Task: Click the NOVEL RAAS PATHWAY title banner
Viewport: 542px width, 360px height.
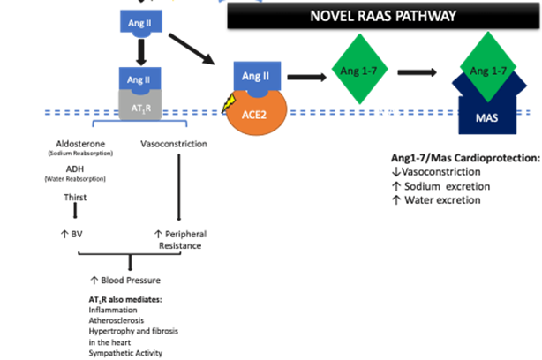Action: click(x=381, y=16)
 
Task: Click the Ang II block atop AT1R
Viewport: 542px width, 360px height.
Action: click(x=139, y=79)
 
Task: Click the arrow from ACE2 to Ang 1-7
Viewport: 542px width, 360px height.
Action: click(x=305, y=77)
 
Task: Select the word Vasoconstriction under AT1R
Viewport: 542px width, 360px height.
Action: click(x=173, y=143)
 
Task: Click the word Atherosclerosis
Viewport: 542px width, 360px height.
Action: click(x=107, y=321)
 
